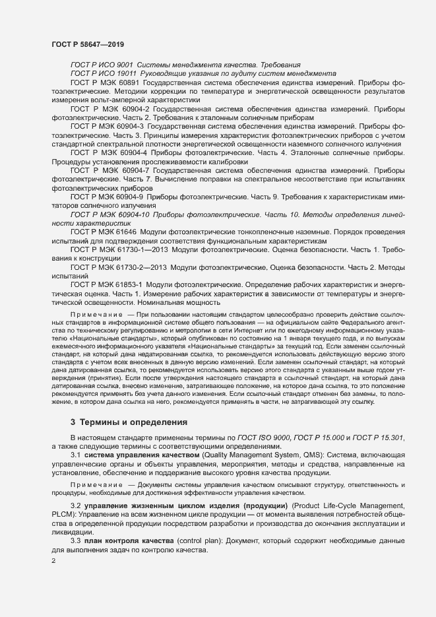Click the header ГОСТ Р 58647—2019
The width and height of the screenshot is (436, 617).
87,44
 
